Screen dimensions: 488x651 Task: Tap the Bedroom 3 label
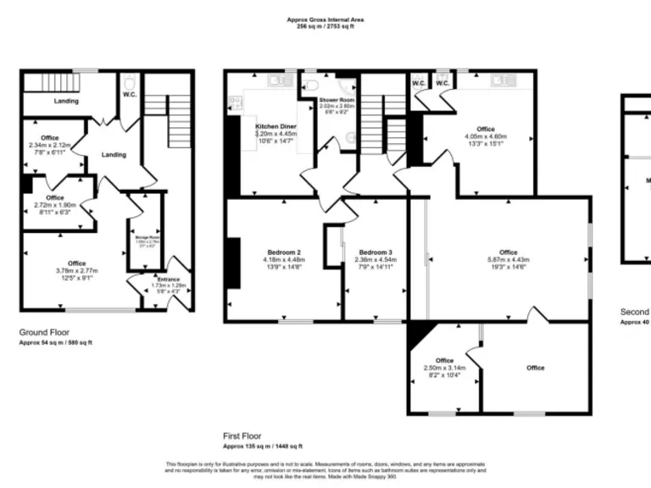coord(375,252)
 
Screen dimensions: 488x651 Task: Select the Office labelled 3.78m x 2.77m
coord(77,263)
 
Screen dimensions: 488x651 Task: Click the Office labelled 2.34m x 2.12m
coord(49,138)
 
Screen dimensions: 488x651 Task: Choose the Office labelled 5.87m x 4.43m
coord(508,252)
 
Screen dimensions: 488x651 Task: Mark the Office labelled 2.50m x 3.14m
coord(444,361)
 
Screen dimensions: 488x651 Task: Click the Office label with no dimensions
coord(535,368)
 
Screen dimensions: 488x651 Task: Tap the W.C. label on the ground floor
coord(130,94)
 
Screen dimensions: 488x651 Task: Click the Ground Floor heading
coord(44,333)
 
